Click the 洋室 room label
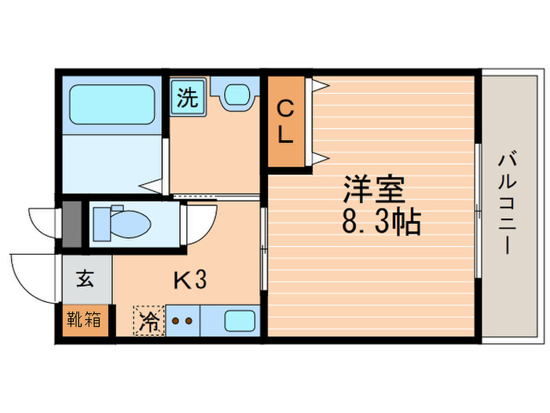click(x=373, y=190)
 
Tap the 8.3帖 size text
click(x=380, y=223)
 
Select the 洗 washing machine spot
click(x=187, y=98)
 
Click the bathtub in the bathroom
click(x=108, y=102)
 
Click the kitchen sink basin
click(x=239, y=321)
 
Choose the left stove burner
click(x=174, y=321)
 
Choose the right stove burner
click(x=189, y=321)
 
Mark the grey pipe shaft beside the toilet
click(x=71, y=224)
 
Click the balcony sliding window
click(x=478, y=209)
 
